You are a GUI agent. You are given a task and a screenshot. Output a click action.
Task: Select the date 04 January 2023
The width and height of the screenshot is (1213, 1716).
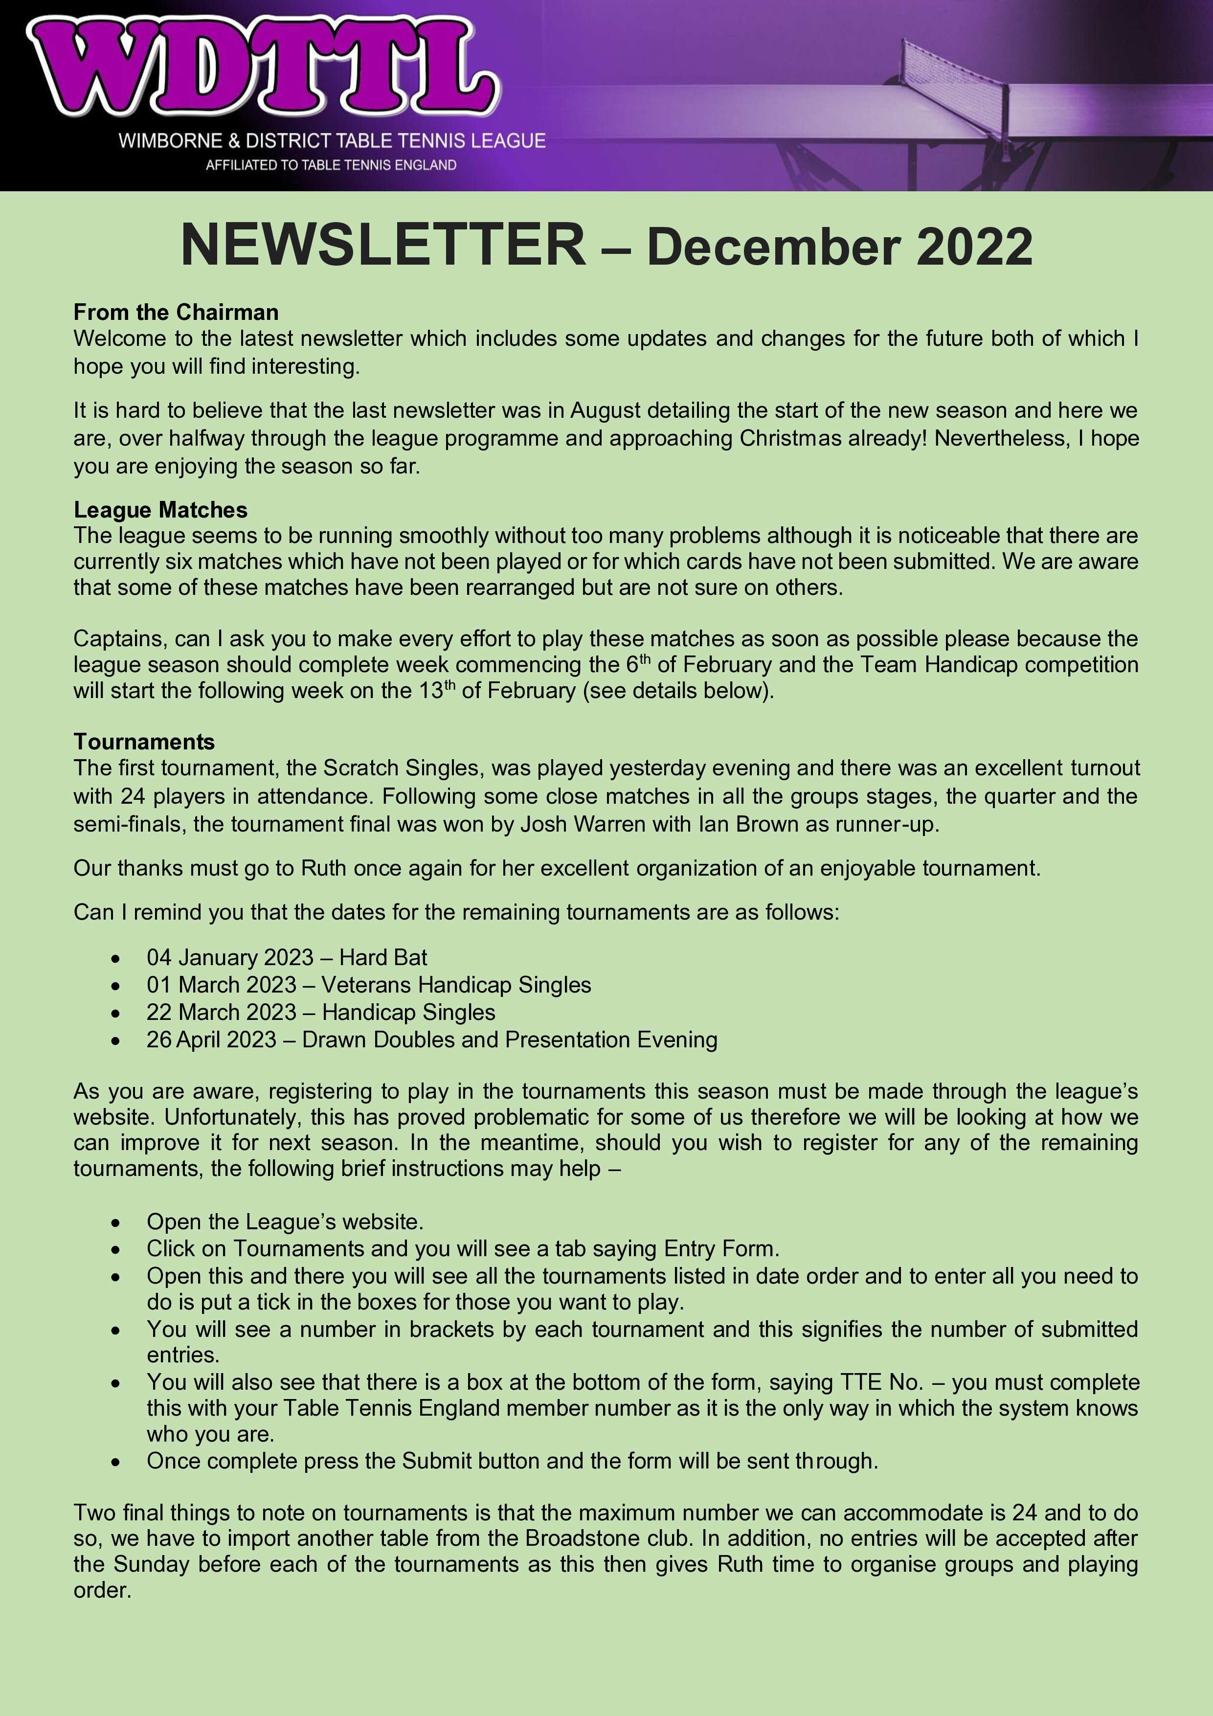[229, 957]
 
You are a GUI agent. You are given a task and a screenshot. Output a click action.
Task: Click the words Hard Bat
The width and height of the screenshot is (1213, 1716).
[383, 957]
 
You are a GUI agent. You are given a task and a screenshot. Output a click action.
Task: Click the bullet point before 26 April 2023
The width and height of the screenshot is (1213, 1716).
[115, 1039]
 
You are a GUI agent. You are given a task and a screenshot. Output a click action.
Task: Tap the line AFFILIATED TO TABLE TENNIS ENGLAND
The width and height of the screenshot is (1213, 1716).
[331, 165]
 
